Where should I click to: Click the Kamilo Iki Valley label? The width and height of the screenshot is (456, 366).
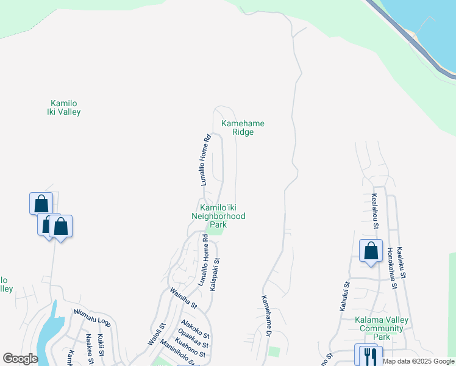pos(64,107)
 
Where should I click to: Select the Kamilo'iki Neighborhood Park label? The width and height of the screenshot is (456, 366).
pos(218,216)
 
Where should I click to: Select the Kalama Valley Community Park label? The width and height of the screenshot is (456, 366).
pos(382,329)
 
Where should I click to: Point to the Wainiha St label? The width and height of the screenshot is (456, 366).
pos(183,297)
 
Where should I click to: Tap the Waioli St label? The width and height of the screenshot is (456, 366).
pos(157,335)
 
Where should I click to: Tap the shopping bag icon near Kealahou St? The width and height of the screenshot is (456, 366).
pos(371,251)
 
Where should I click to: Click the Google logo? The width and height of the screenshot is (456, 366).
pos(20,359)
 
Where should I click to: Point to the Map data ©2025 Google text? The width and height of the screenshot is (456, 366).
pos(418,361)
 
